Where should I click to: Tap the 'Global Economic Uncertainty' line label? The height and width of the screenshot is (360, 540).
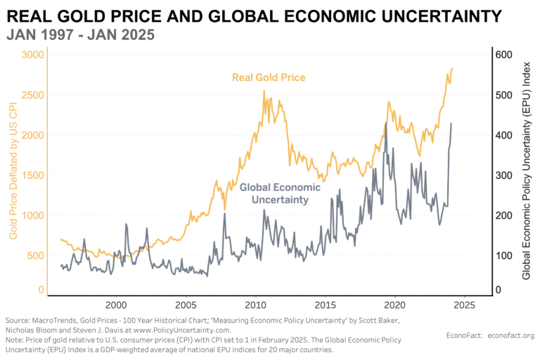tap(280, 193)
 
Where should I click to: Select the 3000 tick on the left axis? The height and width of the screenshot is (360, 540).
tap(33, 55)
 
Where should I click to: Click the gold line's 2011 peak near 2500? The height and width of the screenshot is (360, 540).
tap(264, 91)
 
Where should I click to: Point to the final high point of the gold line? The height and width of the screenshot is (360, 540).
tap(452, 68)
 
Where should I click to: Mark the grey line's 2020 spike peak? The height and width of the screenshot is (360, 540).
tap(386, 124)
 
